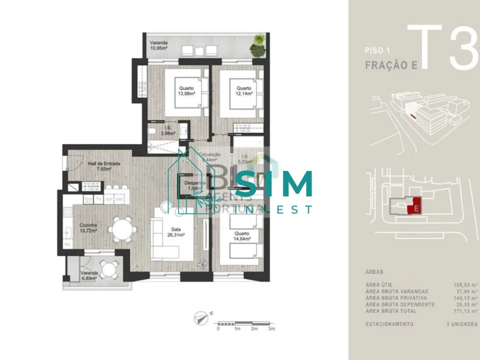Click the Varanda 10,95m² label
159,46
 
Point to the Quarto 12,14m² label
244,91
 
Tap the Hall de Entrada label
103,166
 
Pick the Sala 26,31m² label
176,231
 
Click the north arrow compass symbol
202,316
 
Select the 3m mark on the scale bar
271,328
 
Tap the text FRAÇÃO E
388,65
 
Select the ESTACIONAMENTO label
389,324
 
